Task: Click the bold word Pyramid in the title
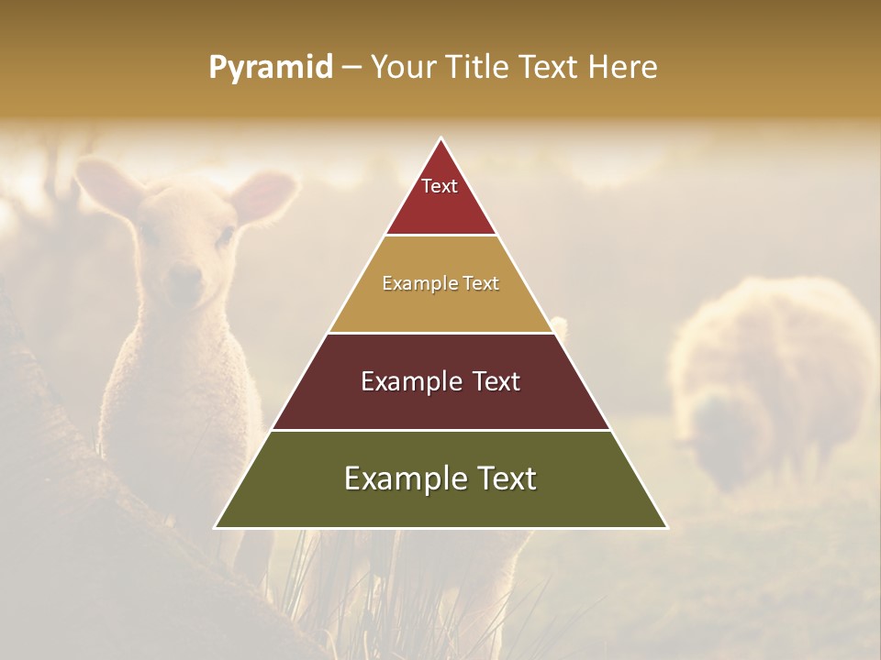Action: [x=271, y=68]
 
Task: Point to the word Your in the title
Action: [x=403, y=67]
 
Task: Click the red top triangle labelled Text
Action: [x=440, y=197]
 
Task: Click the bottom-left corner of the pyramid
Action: [x=215, y=528]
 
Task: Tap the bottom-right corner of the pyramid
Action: [x=667, y=528]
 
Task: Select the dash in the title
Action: [x=351, y=68]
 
